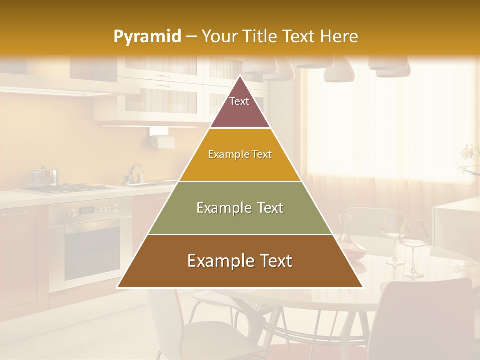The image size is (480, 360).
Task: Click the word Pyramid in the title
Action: pos(147,37)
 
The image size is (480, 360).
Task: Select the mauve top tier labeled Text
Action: pos(239,107)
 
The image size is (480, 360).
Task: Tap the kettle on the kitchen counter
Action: pos(135,174)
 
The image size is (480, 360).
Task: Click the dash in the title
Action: pos(191,36)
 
